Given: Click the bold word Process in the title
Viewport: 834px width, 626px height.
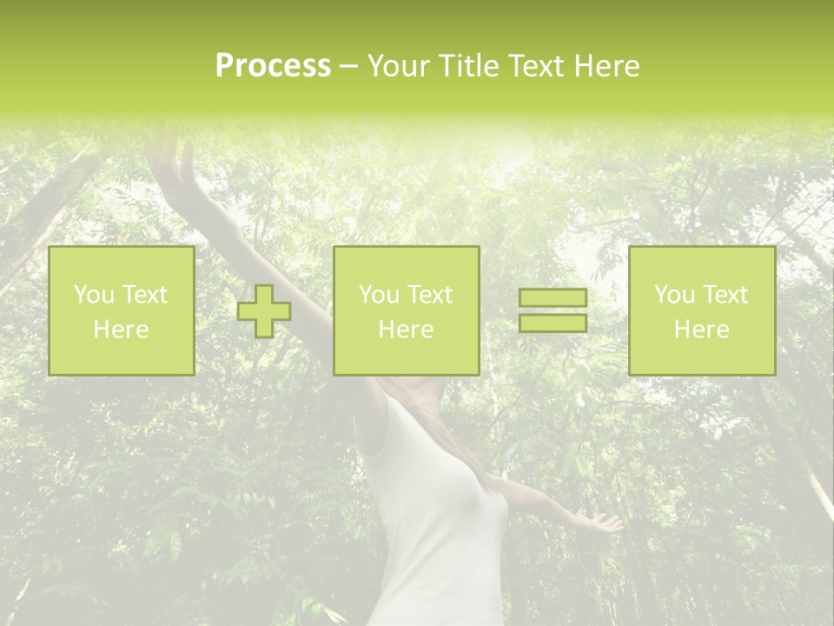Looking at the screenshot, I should (x=273, y=66).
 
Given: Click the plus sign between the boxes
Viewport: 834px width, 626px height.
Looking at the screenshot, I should (x=264, y=311).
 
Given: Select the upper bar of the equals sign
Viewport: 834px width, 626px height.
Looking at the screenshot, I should (x=553, y=298).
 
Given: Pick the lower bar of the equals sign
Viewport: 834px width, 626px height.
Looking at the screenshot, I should (x=553, y=323).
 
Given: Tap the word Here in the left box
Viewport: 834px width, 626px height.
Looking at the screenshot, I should (x=121, y=330).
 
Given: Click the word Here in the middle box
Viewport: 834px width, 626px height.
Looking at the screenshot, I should (x=406, y=330).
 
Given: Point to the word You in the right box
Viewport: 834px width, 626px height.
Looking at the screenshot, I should (x=675, y=295).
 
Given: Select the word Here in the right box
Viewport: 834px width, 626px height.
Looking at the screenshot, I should (x=701, y=330).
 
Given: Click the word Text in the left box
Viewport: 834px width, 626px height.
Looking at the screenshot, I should (x=145, y=295).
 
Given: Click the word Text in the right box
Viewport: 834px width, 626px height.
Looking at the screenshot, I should (x=725, y=295).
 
